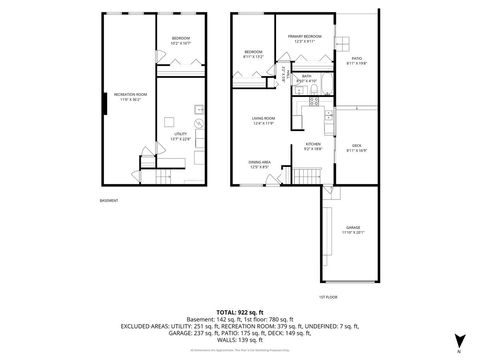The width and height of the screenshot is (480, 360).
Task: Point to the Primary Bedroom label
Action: point(304,38)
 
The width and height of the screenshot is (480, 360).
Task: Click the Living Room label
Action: point(263,121)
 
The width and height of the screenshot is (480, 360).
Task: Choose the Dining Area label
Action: point(259,165)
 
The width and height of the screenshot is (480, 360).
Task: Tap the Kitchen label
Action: point(312,146)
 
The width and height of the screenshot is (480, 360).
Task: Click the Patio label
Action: point(357,60)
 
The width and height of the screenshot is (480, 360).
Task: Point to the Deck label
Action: point(357,148)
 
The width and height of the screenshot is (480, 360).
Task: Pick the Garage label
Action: point(352,230)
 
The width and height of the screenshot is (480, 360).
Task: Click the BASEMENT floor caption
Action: point(109,200)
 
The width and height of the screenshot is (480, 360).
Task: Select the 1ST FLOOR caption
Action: point(327,297)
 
